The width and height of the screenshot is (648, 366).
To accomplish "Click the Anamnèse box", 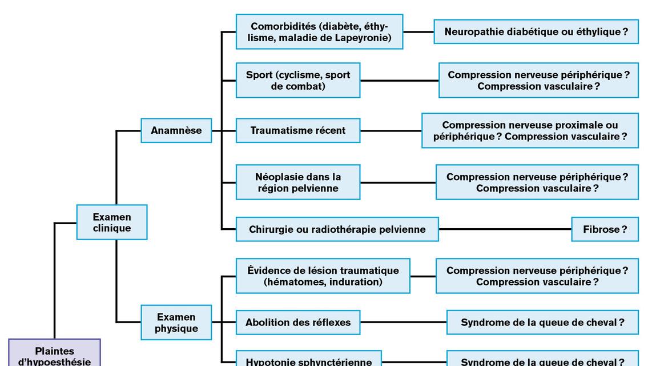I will click(x=176, y=130).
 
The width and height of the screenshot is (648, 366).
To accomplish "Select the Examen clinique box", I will click(x=112, y=222).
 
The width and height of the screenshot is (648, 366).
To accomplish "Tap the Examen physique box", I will click(x=176, y=323).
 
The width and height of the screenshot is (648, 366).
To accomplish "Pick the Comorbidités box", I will click(x=319, y=32).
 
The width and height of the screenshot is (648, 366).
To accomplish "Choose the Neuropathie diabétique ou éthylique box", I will click(x=536, y=32).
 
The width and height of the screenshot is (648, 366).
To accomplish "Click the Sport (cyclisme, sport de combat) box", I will click(x=298, y=81).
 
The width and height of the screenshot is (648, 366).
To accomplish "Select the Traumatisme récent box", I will click(x=298, y=130).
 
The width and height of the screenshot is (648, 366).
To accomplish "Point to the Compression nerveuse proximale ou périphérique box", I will click(x=530, y=130).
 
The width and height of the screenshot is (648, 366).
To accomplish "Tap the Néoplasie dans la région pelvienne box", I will click(x=298, y=182).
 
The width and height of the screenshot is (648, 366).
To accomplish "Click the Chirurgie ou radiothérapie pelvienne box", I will click(x=337, y=229).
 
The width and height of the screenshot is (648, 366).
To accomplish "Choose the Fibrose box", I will click(x=605, y=229).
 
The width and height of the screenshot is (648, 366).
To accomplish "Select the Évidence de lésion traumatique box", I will click(x=323, y=276).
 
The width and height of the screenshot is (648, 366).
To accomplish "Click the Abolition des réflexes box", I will click(x=298, y=323).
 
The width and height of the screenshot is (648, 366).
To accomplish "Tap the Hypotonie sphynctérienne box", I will click(x=308, y=360).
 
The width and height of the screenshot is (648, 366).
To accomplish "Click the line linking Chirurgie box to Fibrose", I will click(x=505, y=229).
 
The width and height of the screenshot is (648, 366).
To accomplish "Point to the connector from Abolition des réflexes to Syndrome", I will click(x=403, y=323).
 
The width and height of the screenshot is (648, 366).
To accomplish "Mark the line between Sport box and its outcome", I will click(x=399, y=81).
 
